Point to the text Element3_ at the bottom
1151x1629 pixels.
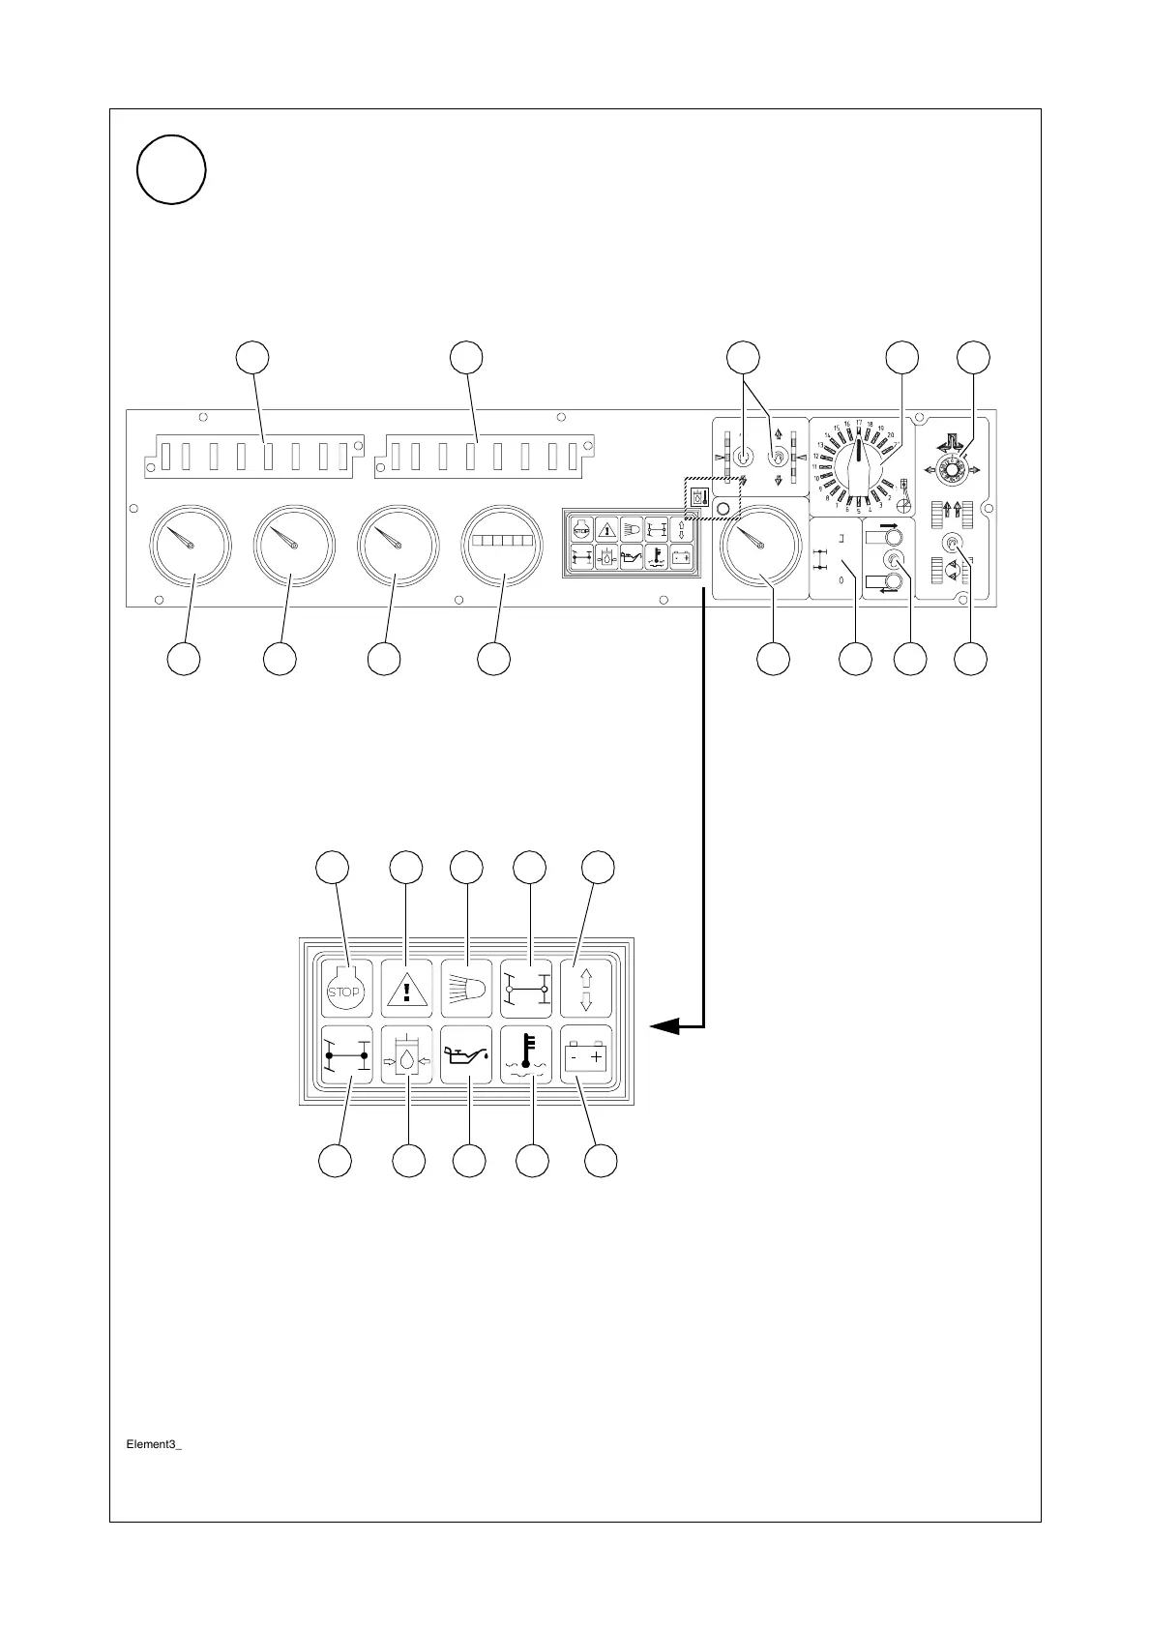coord(155,1444)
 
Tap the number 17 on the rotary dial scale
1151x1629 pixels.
coord(859,422)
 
